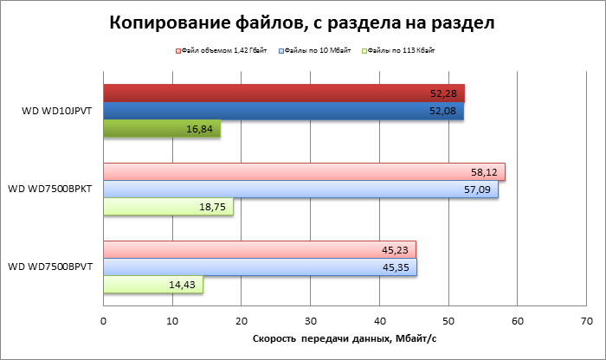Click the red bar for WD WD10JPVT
click(x=284, y=93)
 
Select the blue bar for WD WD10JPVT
click(x=283, y=112)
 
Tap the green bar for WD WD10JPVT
click(x=162, y=129)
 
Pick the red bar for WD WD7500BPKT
click(x=304, y=172)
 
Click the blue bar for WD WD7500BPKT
click(x=300, y=190)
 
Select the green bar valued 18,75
click(x=168, y=207)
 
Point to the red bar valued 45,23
click(x=260, y=250)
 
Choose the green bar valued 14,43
click(x=153, y=285)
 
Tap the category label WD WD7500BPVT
click(x=51, y=267)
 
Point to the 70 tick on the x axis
click(x=586, y=321)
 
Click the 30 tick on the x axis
click(x=310, y=321)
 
